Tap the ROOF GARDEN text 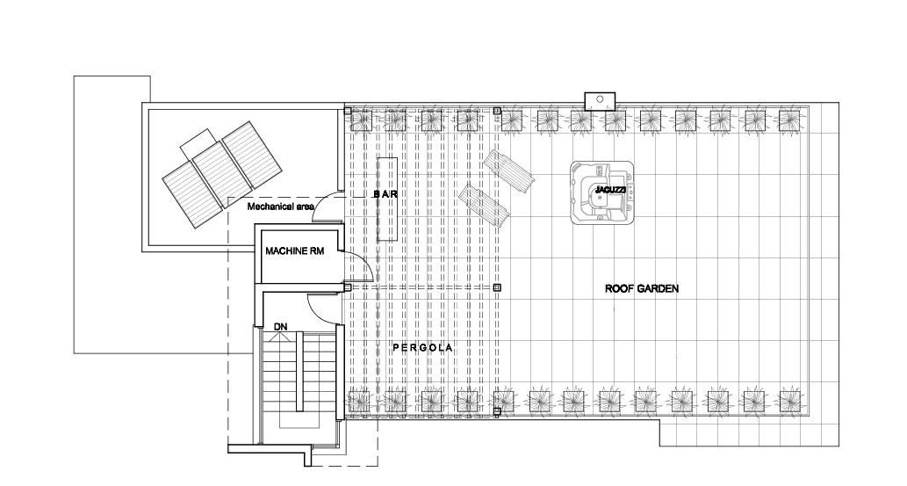[642, 288]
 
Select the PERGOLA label [422, 347]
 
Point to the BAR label [385, 194]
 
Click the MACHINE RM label [294, 250]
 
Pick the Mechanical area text [281, 207]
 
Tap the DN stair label [281, 327]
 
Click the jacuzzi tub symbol [602, 192]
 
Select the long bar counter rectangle [387, 199]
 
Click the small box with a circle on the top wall [600, 101]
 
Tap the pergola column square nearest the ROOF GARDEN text [497, 287]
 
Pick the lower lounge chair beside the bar [484, 206]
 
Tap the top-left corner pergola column [347, 110]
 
